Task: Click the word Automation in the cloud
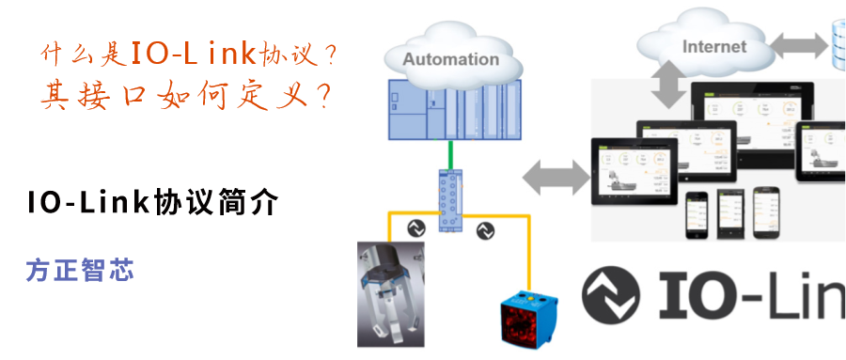[451, 59]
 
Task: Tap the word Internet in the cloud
[714, 46]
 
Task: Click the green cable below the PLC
[451, 155]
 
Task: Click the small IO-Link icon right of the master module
[486, 228]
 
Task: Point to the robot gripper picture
[391, 293]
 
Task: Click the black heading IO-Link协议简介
[151, 203]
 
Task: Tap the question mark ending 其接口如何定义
[321, 95]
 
